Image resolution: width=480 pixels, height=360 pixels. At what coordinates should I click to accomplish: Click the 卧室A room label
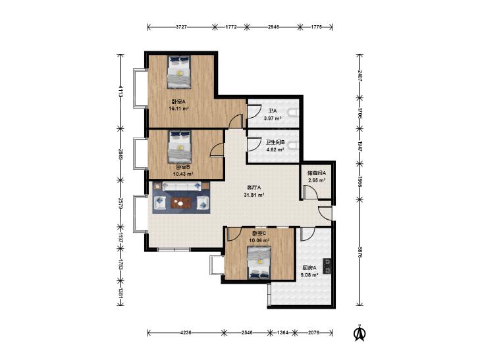(x=179, y=102)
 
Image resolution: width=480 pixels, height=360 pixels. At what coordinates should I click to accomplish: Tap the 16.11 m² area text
(x=179, y=109)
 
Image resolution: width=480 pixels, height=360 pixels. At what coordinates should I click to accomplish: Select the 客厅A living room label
(x=253, y=188)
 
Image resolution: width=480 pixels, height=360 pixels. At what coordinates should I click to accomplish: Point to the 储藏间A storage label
(x=317, y=173)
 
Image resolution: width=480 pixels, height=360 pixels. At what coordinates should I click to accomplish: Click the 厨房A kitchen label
(x=309, y=268)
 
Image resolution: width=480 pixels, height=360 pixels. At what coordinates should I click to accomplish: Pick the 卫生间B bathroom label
(x=275, y=143)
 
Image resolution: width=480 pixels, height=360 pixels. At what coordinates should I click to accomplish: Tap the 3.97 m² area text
(x=273, y=118)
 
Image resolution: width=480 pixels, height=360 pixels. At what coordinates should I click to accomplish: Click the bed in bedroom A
(x=179, y=72)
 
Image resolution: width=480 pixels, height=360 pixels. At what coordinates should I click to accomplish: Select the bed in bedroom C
(x=259, y=263)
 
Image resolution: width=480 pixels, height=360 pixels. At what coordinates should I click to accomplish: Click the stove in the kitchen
(x=327, y=266)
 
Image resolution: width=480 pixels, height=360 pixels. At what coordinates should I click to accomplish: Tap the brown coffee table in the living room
(x=181, y=203)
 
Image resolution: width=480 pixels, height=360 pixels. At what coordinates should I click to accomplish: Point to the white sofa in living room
(x=182, y=186)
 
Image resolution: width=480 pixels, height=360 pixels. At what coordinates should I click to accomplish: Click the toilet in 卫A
(x=293, y=113)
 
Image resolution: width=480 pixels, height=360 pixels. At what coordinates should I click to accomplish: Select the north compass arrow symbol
(x=360, y=333)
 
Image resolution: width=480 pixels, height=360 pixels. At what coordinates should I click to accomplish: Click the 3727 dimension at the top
(x=182, y=27)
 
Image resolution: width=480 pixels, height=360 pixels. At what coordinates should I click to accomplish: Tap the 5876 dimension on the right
(x=360, y=251)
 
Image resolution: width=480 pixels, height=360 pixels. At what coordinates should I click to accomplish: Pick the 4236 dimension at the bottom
(x=186, y=332)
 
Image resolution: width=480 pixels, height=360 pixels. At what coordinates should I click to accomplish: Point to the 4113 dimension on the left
(x=121, y=91)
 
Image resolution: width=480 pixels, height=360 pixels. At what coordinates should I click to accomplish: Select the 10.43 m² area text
(x=183, y=174)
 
